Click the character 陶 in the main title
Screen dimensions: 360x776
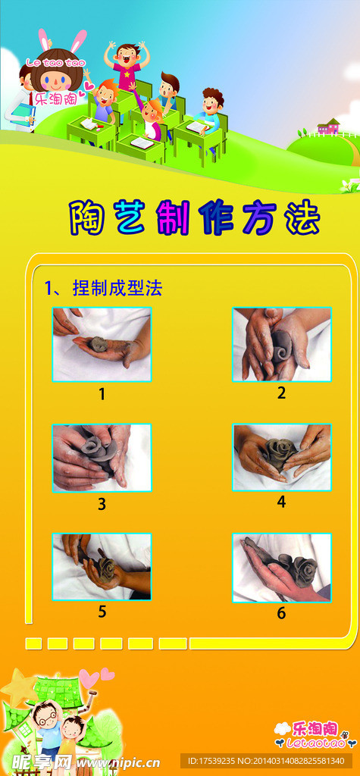[x=86, y=217]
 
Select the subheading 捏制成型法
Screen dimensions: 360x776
[x=117, y=288]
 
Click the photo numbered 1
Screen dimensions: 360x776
[x=102, y=345]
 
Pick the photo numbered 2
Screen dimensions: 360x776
[x=282, y=345]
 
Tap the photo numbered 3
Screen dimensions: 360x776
[x=102, y=458]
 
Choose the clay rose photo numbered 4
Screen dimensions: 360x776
[x=282, y=458]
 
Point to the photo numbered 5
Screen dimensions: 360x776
[x=102, y=567]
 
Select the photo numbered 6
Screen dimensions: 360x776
[x=282, y=567]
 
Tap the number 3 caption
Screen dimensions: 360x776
[x=102, y=504]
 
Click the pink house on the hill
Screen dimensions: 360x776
[x=329, y=127]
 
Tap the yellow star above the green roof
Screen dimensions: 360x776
[x=19, y=687]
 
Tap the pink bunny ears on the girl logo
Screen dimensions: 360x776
[x=63, y=39]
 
